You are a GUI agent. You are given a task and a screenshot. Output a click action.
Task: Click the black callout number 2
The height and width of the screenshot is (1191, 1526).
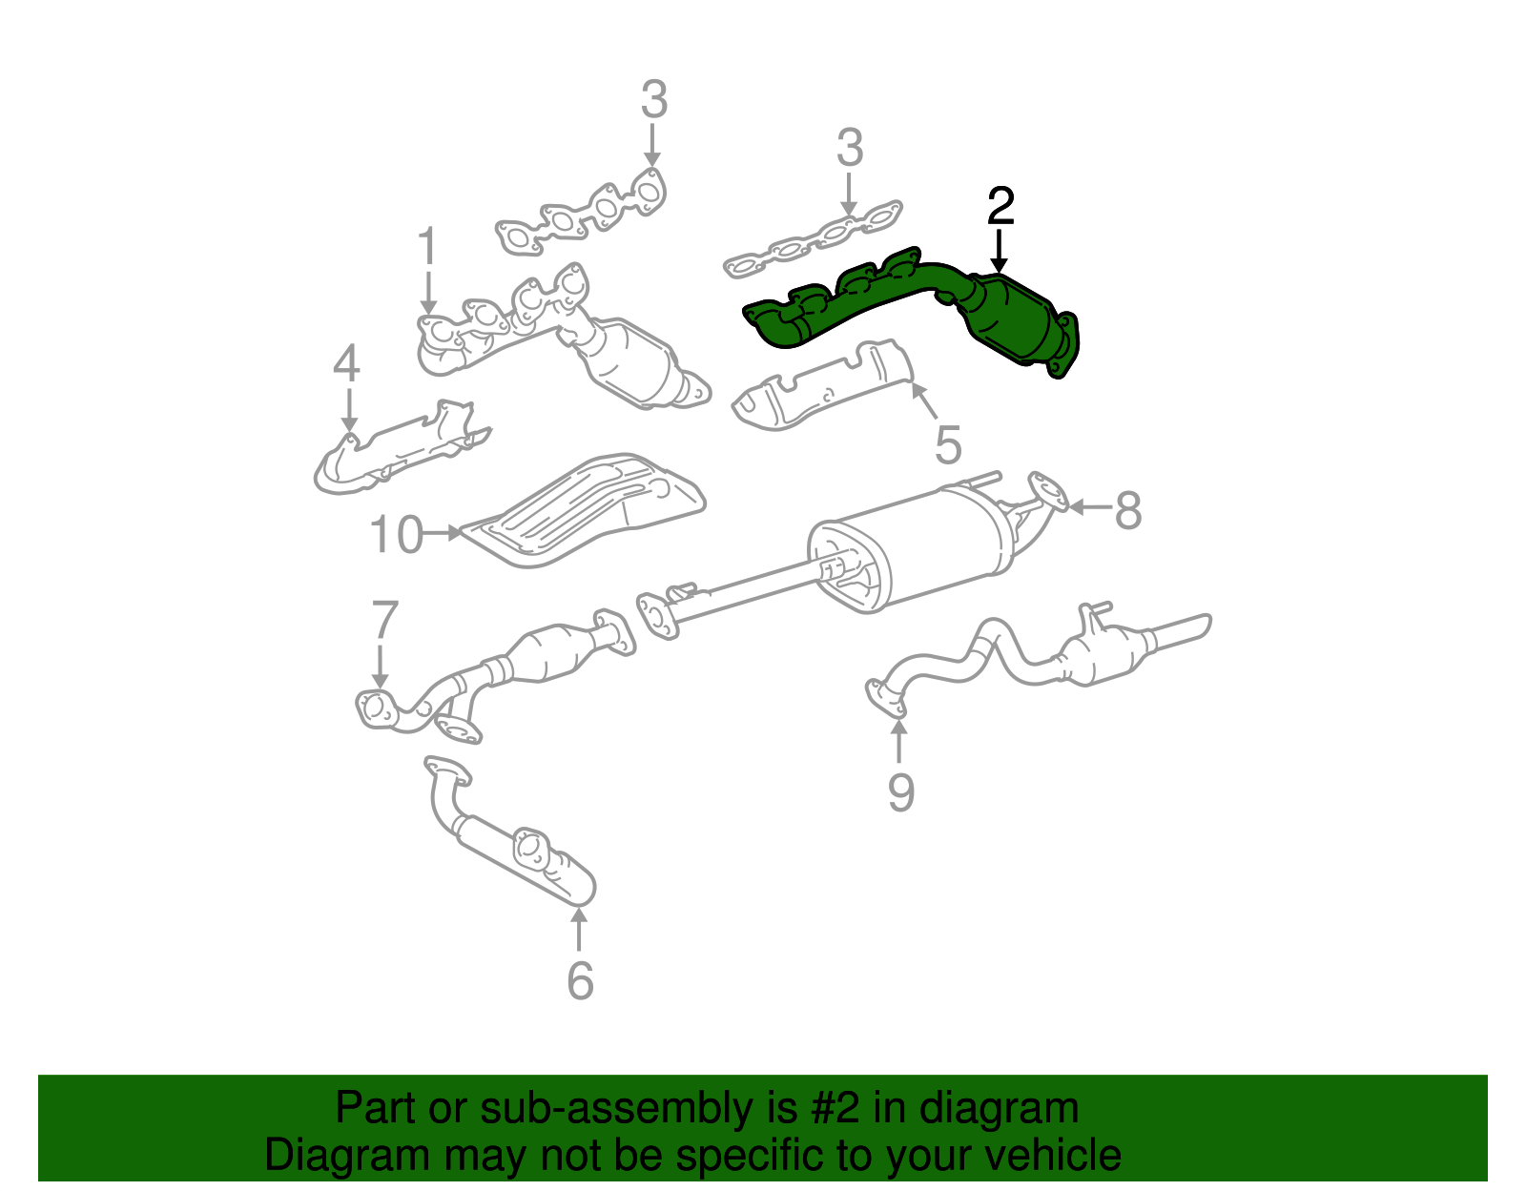click(x=1000, y=207)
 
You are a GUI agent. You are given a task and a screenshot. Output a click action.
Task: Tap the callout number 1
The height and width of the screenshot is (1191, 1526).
click(x=427, y=247)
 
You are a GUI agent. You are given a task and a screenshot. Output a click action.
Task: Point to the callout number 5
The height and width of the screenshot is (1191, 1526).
click(x=947, y=444)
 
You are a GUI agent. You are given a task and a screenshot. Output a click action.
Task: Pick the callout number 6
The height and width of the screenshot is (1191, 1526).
click(x=580, y=981)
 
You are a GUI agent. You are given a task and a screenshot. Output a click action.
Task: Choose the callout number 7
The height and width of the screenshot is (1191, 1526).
click(x=383, y=621)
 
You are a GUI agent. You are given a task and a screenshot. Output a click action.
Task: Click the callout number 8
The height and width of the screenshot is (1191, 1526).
click(x=1127, y=510)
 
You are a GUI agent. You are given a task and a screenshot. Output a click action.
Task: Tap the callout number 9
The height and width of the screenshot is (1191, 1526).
click(x=900, y=791)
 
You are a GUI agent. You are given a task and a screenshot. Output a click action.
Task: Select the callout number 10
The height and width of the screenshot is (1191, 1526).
click(x=396, y=535)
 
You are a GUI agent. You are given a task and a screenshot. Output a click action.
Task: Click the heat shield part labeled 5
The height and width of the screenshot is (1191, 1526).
click(x=820, y=391)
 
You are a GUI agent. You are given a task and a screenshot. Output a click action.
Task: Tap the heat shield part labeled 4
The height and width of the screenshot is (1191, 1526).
click(x=401, y=453)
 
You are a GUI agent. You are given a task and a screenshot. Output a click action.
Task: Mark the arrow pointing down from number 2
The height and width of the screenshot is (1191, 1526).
click(x=1000, y=252)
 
